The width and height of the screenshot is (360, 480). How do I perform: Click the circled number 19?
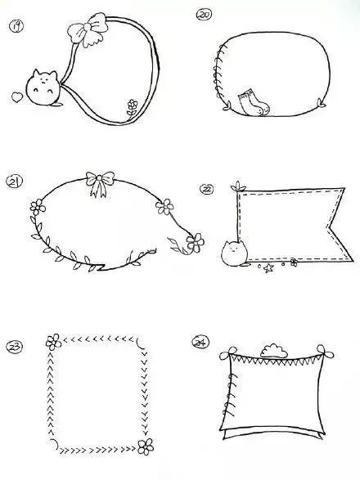click(16, 26)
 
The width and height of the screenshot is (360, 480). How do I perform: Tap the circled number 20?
click(204, 15)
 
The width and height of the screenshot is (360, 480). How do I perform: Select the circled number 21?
click(14, 182)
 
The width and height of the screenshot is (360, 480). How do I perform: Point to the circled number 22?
click(207, 189)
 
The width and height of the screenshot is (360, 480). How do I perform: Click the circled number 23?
click(14, 348)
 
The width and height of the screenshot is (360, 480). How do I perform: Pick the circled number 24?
click(200, 342)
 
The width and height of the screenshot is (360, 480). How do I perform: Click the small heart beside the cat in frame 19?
click(17, 97)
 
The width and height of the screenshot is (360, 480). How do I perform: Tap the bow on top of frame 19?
click(88, 29)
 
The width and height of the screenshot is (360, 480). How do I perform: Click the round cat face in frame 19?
click(42, 88)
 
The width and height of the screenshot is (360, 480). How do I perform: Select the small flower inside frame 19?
click(133, 107)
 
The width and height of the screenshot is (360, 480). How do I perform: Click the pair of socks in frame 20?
click(254, 103)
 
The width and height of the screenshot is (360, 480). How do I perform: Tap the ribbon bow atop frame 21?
click(100, 183)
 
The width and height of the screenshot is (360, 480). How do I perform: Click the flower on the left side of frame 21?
click(38, 207)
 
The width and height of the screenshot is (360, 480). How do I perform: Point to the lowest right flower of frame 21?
click(196, 242)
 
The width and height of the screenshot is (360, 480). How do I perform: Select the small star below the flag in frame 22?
click(268, 268)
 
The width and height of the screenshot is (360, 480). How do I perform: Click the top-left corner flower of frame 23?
click(54, 342)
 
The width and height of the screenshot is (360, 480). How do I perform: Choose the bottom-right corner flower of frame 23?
click(146, 446)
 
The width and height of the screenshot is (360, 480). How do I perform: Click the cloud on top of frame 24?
click(273, 351)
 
